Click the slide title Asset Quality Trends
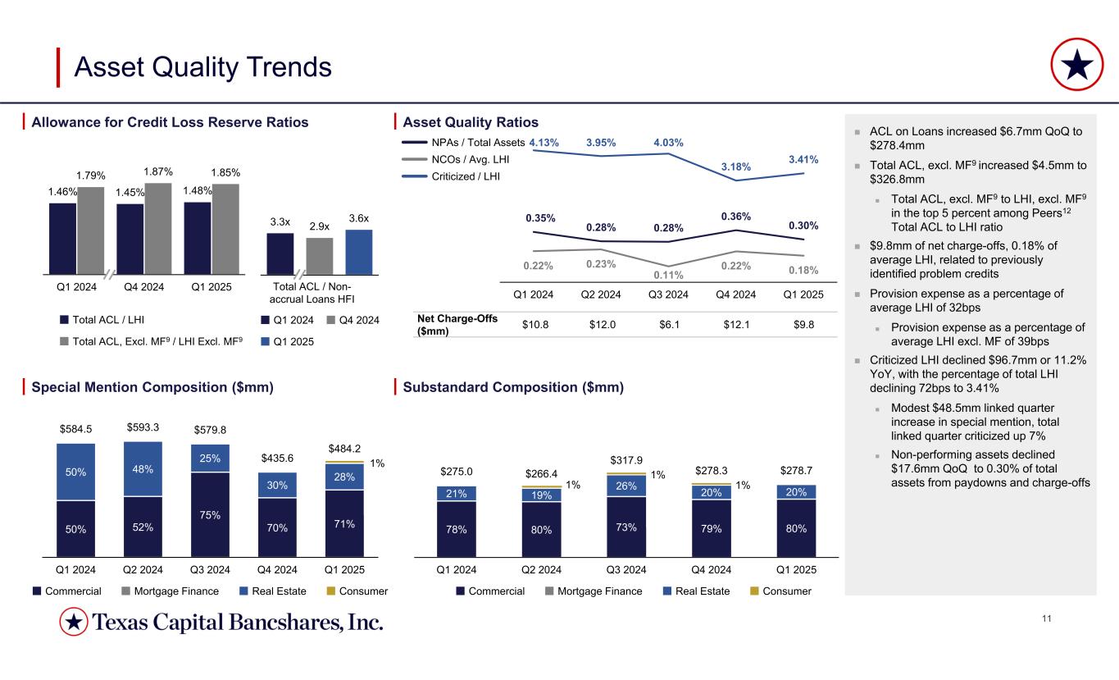(x=202, y=67)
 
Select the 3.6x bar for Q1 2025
(x=358, y=252)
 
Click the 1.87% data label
(x=157, y=171)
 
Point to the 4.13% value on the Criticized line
(x=544, y=143)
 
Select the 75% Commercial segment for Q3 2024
(x=210, y=514)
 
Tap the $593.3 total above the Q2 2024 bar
(x=143, y=427)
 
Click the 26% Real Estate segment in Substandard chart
(x=625, y=486)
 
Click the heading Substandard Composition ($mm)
(x=514, y=387)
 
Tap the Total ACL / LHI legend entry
(x=111, y=319)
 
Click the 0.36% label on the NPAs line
(x=735, y=216)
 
